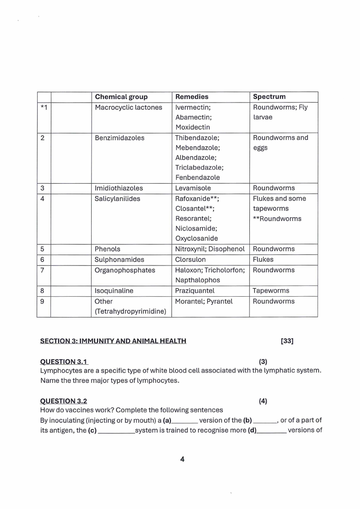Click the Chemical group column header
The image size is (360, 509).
pos(121,97)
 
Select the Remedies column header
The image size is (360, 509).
pos(192,97)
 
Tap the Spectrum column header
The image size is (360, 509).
pos(269,97)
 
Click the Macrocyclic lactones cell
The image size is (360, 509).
pos(128,108)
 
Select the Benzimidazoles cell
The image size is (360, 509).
pos(119,138)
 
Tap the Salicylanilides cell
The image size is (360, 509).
pos(117,199)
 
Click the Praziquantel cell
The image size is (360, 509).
pos(195,291)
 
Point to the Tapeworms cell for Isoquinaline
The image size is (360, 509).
pos(271,291)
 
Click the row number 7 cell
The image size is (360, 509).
pos(42,270)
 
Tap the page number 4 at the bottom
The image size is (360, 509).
pos(182,459)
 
